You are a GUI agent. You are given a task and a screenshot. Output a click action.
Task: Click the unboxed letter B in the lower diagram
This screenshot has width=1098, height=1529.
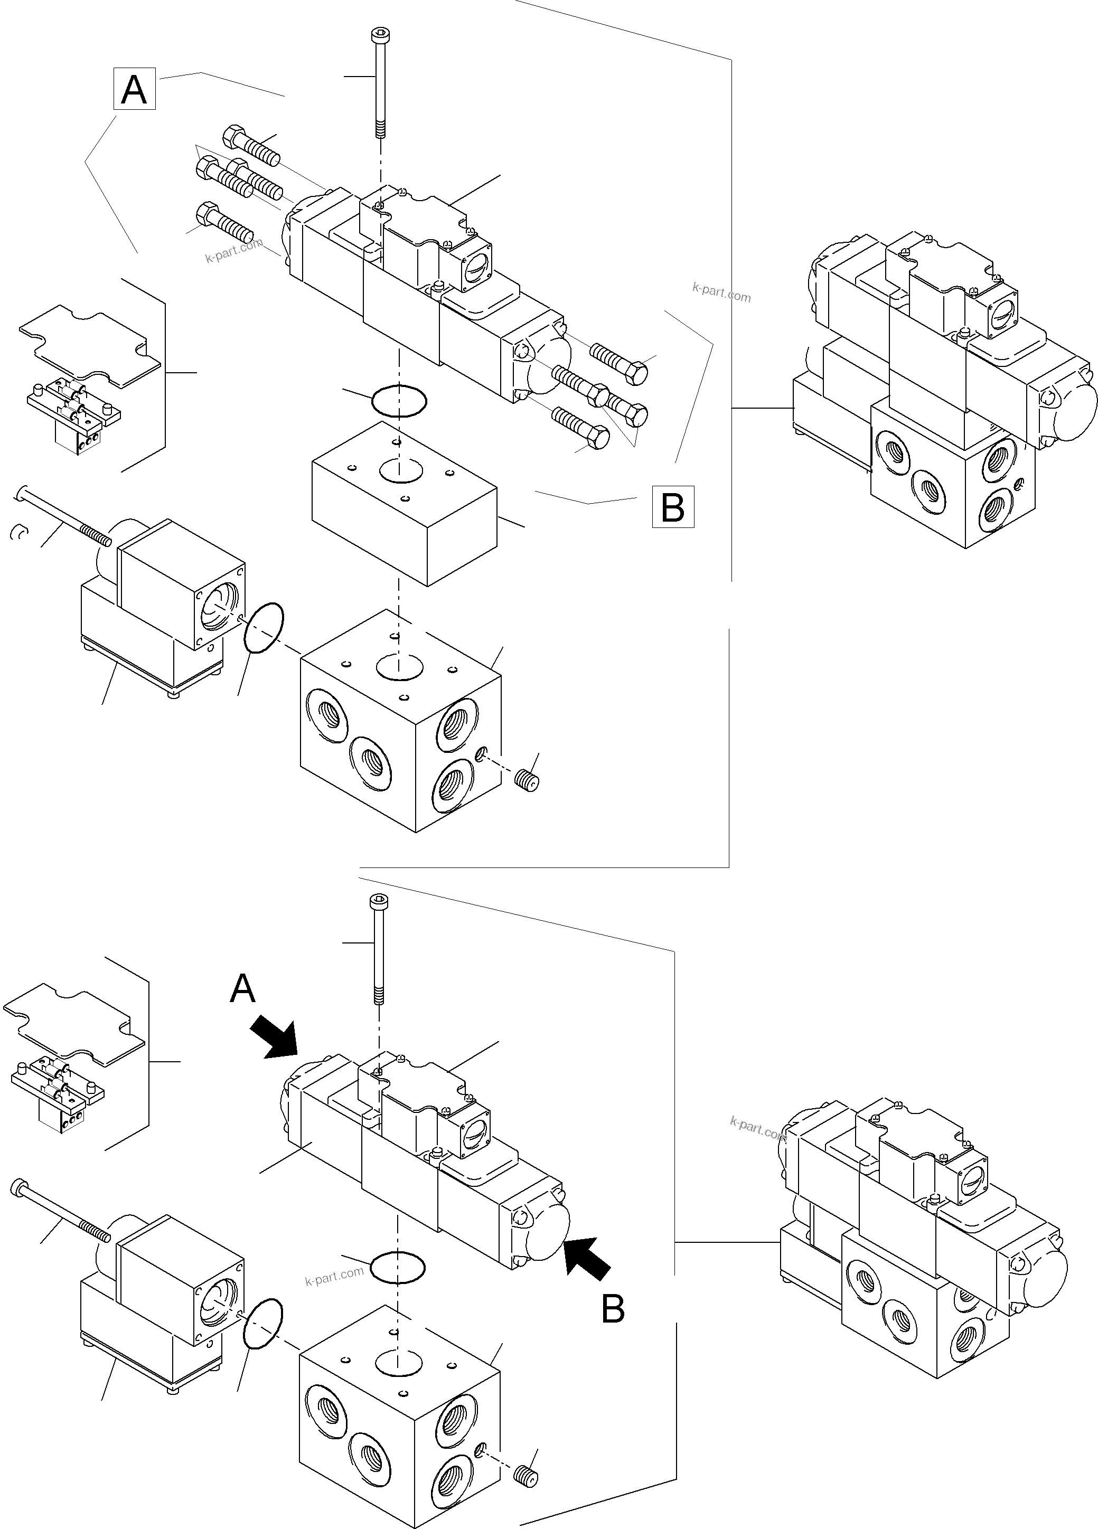tap(613, 1310)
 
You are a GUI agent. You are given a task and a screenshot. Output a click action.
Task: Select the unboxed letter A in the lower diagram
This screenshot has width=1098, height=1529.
tap(243, 989)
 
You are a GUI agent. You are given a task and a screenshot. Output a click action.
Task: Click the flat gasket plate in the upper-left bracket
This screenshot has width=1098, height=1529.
tap(90, 346)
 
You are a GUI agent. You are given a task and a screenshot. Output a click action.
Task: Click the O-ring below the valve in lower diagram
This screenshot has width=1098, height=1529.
tap(398, 1267)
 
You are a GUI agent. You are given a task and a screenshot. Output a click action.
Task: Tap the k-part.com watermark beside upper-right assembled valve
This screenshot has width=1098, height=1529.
tap(721, 292)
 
